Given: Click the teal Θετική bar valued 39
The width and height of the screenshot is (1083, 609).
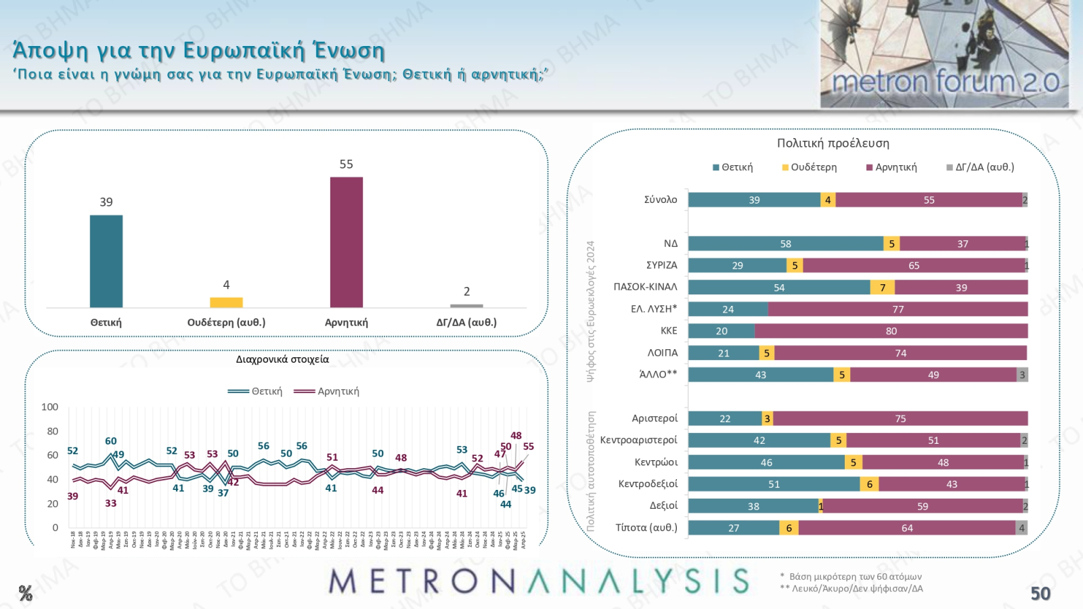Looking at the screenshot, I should [106, 261].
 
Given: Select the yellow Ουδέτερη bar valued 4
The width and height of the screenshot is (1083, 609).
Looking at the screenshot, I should [226, 302].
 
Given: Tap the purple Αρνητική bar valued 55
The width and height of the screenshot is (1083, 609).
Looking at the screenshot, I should [346, 242].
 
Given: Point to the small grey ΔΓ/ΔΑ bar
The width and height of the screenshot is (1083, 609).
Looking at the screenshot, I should [466, 306].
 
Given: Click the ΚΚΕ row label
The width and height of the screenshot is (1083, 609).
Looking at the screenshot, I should [669, 331].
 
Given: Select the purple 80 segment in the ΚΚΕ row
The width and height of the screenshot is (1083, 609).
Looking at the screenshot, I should [891, 331].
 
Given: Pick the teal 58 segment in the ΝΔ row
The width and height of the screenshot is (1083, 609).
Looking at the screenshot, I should [785, 244].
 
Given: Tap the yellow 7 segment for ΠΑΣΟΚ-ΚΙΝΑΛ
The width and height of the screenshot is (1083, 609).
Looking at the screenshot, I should [882, 288].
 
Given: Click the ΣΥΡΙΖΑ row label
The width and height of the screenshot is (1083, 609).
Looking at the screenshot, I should [661, 265].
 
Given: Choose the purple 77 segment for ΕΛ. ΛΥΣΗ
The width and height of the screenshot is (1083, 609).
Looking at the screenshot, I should [898, 309].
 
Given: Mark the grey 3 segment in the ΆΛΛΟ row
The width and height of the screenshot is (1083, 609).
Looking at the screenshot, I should [1022, 375].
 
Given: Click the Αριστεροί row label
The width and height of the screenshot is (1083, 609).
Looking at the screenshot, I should [654, 418].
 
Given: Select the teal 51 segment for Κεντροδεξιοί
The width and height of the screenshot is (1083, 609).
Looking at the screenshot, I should [774, 484].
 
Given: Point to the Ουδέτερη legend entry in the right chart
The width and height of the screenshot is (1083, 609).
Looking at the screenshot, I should [810, 167].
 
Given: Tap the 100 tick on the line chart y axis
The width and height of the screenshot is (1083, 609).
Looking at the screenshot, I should [50, 407].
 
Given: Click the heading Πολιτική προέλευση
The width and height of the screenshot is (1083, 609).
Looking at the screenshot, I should [833, 143].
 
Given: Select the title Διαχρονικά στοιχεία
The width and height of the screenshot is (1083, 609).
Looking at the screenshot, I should [282, 359].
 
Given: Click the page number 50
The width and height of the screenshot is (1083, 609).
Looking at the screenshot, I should [1040, 593].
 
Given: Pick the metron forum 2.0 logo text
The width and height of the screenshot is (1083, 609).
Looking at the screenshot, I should [945, 82].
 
